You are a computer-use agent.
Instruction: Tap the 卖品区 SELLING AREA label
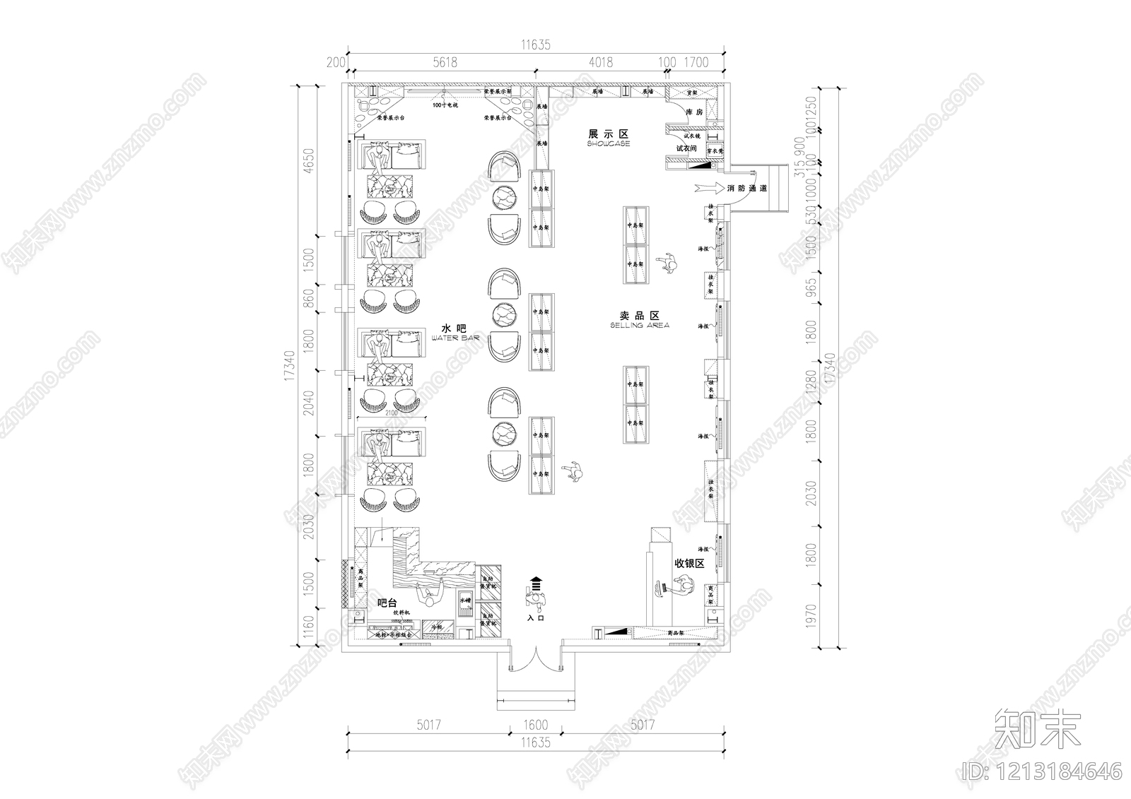click(638, 319)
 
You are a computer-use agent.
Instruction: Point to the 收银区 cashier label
click(689, 563)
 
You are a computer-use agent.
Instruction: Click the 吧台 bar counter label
click(387, 603)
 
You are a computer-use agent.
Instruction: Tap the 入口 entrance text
click(536, 617)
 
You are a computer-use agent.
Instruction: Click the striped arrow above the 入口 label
click(535, 582)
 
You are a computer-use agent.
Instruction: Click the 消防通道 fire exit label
click(747, 189)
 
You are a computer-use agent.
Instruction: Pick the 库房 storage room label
click(694, 112)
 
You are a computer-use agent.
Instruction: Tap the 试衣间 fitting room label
click(686, 148)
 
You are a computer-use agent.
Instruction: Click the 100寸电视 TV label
click(445, 105)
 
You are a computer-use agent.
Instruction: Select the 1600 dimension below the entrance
click(535, 725)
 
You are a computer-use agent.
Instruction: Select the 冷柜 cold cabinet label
click(436, 627)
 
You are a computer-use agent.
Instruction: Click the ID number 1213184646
click(1043, 769)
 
